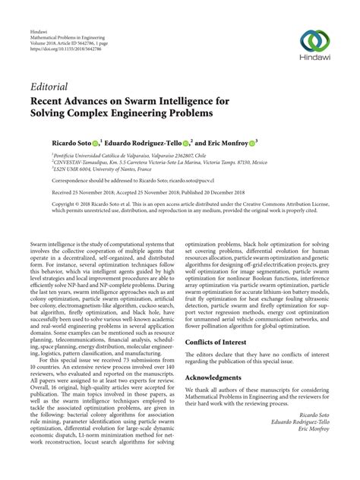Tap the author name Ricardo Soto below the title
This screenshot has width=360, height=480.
pyautogui.click(x=62, y=142)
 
